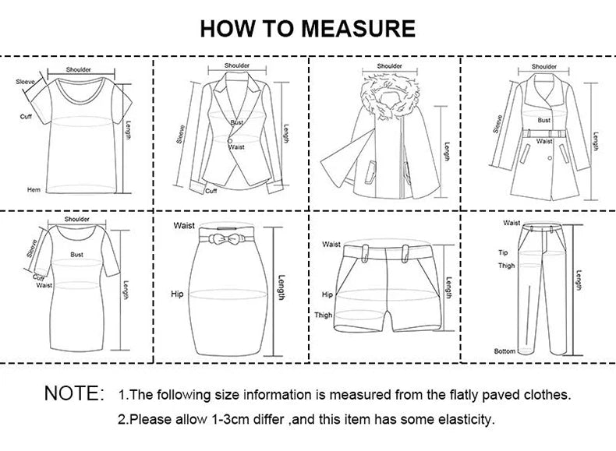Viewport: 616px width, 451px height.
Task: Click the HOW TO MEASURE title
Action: click(x=307, y=29)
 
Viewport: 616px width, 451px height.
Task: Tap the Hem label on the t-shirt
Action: click(x=34, y=189)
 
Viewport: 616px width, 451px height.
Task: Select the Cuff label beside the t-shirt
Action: click(x=26, y=117)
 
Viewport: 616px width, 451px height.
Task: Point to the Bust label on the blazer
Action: click(x=236, y=123)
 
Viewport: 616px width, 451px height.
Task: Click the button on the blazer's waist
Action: click(x=231, y=140)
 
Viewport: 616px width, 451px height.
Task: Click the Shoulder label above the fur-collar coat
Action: click(x=389, y=66)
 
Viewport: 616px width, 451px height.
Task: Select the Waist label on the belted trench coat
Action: click(x=544, y=141)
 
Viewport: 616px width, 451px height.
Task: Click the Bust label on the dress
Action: click(x=76, y=254)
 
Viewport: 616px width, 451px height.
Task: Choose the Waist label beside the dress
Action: click(x=44, y=285)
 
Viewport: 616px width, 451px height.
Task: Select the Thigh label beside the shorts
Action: click(x=323, y=315)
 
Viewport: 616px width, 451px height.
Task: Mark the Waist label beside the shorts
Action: click(x=331, y=245)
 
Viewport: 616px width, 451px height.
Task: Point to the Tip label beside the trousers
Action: click(x=503, y=252)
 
